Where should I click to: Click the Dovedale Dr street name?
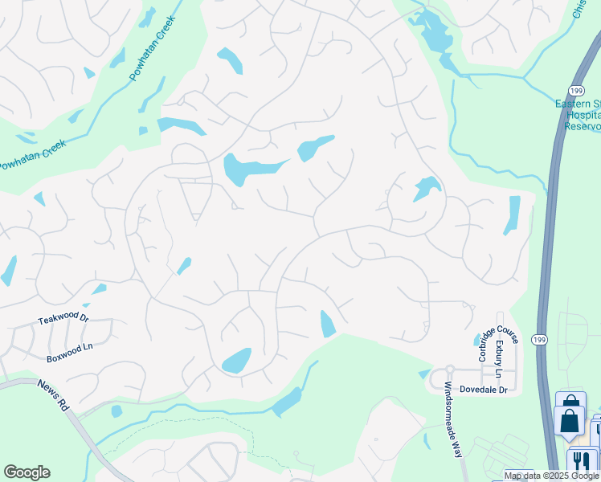(x=484, y=390)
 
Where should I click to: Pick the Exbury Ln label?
(x=498, y=358)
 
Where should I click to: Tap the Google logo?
(x=27, y=472)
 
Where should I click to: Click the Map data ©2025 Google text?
(x=551, y=476)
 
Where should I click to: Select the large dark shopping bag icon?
(x=569, y=420)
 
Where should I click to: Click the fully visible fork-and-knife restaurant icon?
(x=579, y=460)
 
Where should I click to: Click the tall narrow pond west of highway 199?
(x=512, y=215)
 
